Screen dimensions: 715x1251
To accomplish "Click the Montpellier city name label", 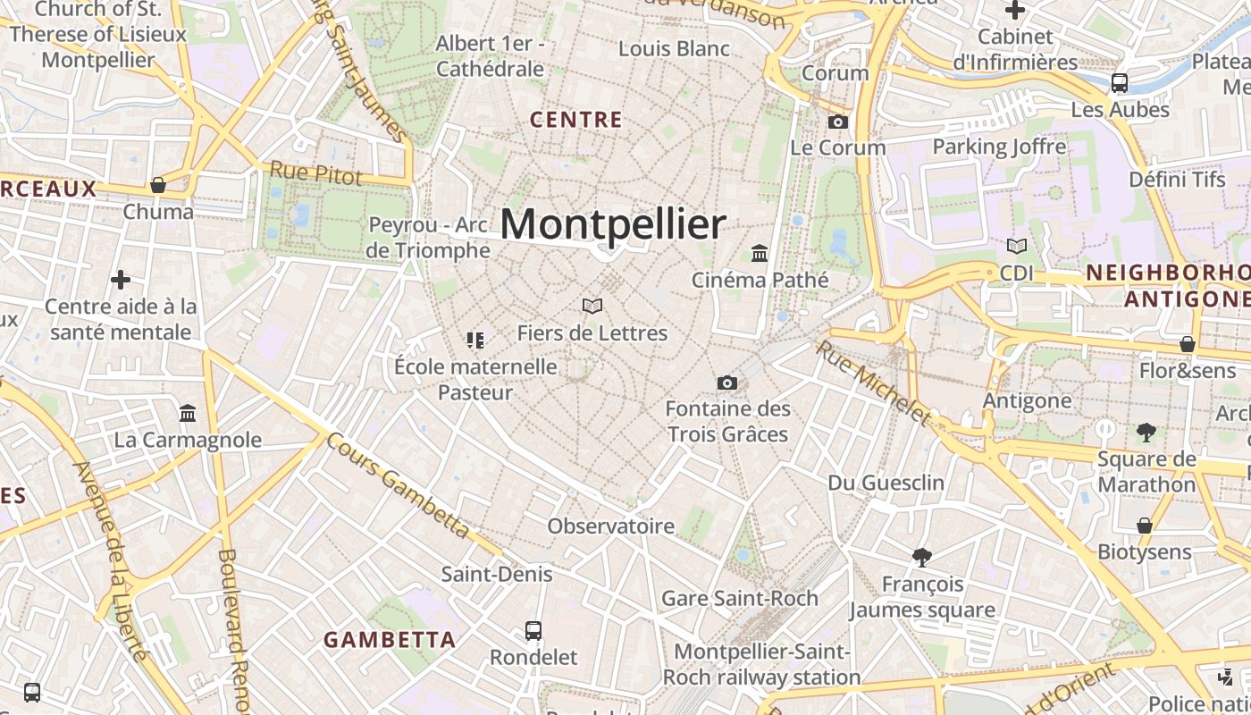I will pyautogui.click(x=612, y=224).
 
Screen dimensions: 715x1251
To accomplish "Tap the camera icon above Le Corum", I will pyautogui.click(x=838, y=122).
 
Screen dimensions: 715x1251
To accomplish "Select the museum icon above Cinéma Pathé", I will pyautogui.click(x=760, y=253).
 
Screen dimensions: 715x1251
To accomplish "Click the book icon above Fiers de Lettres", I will pyautogui.click(x=592, y=306).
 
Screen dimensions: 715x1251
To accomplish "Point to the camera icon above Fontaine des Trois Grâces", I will pyautogui.click(x=727, y=383).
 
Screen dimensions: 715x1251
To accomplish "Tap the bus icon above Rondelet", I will pyautogui.click(x=533, y=630).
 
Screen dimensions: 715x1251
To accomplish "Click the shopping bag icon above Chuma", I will pyautogui.click(x=158, y=185).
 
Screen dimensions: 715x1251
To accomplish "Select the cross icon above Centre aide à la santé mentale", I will pyautogui.click(x=121, y=280).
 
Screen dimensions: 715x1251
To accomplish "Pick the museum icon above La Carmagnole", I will pyautogui.click(x=188, y=413).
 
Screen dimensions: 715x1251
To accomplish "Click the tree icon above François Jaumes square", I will pyautogui.click(x=922, y=558).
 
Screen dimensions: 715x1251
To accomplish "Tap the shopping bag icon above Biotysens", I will pyautogui.click(x=1145, y=525).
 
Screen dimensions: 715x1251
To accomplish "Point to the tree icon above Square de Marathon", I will pyautogui.click(x=1146, y=433).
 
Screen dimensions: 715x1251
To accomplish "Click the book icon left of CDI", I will pyautogui.click(x=1016, y=246).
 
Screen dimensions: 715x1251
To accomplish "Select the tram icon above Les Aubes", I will pyautogui.click(x=1120, y=83).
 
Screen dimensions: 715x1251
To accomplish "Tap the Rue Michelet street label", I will pyautogui.click(x=874, y=383).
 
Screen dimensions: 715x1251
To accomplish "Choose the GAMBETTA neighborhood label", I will pyautogui.click(x=390, y=640).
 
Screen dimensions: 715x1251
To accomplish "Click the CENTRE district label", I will pyautogui.click(x=576, y=120).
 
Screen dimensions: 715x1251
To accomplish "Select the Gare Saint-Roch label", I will pyautogui.click(x=740, y=598).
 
